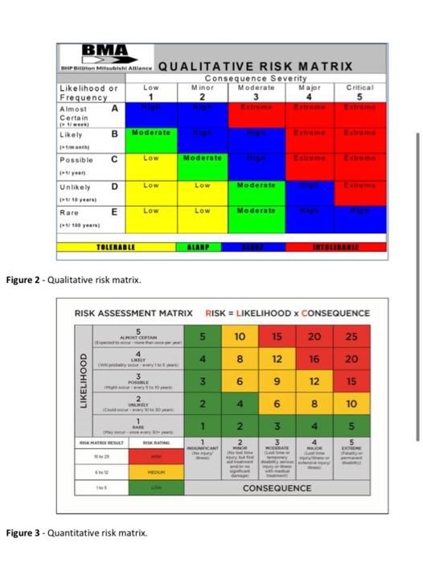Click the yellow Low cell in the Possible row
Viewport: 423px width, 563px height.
[x=151, y=158]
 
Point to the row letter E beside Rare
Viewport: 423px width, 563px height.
[x=114, y=212]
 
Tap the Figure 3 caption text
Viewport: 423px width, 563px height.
[x=76, y=532]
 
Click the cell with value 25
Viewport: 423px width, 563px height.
[x=351, y=335]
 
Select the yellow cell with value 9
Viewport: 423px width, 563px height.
[x=276, y=380]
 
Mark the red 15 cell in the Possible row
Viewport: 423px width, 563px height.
[x=351, y=380]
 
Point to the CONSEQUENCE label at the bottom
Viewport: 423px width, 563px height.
[x=277, y=488]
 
